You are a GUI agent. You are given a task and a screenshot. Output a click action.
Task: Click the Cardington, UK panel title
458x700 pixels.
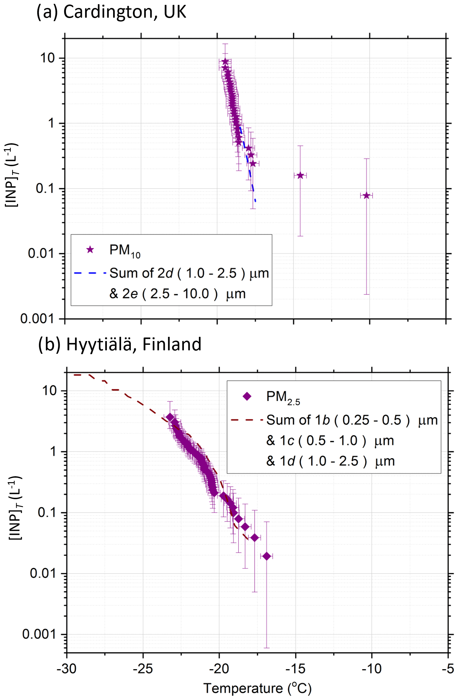111,12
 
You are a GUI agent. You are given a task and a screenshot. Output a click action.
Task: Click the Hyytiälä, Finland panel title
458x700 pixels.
120,344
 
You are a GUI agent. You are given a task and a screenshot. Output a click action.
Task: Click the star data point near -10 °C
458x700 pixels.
366,196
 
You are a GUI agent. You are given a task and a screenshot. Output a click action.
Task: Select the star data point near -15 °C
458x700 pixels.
300,176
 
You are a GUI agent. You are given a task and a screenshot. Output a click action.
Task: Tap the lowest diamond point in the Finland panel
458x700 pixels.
266,556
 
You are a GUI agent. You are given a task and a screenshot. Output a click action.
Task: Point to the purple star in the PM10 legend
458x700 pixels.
90,250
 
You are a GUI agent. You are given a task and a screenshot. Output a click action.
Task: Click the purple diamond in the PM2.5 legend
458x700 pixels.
247,396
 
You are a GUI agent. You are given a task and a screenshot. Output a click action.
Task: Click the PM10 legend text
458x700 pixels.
125,251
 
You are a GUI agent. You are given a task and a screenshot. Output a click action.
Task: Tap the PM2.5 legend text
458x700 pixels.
283,398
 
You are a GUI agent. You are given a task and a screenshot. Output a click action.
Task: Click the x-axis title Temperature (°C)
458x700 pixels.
257,689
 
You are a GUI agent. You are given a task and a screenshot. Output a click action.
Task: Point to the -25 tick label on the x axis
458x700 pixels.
143,668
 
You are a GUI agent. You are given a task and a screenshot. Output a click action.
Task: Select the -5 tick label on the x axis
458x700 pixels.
448,668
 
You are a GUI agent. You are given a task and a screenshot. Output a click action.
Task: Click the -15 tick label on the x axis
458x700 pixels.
296,668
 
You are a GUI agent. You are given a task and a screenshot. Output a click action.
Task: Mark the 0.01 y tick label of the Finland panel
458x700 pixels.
43,573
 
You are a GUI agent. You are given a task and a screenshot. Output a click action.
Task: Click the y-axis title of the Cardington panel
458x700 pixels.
11,175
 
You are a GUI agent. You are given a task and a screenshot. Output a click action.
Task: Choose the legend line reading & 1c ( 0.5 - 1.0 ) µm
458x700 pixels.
330,441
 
